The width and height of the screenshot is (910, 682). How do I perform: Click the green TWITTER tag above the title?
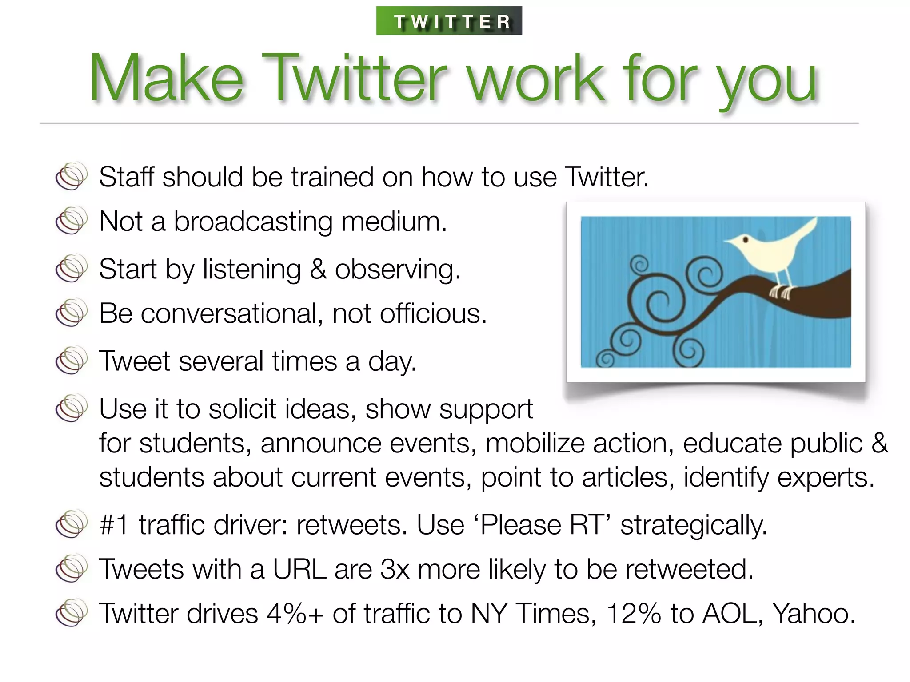coord(449,21)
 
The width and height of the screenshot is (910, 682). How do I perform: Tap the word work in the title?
coord(535,79)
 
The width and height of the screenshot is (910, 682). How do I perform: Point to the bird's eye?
coord(746,240)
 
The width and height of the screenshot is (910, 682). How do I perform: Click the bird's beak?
coord(729,242)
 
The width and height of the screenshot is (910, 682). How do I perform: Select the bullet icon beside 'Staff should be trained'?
coord(71,176)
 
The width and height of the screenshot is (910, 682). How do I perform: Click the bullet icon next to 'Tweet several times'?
coord(71,360)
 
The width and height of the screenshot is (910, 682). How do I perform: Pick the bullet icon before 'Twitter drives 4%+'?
coord(71,613)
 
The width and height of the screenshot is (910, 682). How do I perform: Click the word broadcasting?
coord(253,221)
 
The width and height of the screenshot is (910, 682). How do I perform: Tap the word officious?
coord(433,313)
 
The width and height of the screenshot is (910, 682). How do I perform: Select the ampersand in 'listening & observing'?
coord(318,269)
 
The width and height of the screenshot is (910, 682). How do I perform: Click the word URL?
coord(299,569)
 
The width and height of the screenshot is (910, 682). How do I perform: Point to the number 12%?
coord(634,613)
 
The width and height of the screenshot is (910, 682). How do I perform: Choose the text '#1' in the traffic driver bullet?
coord(114,525)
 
